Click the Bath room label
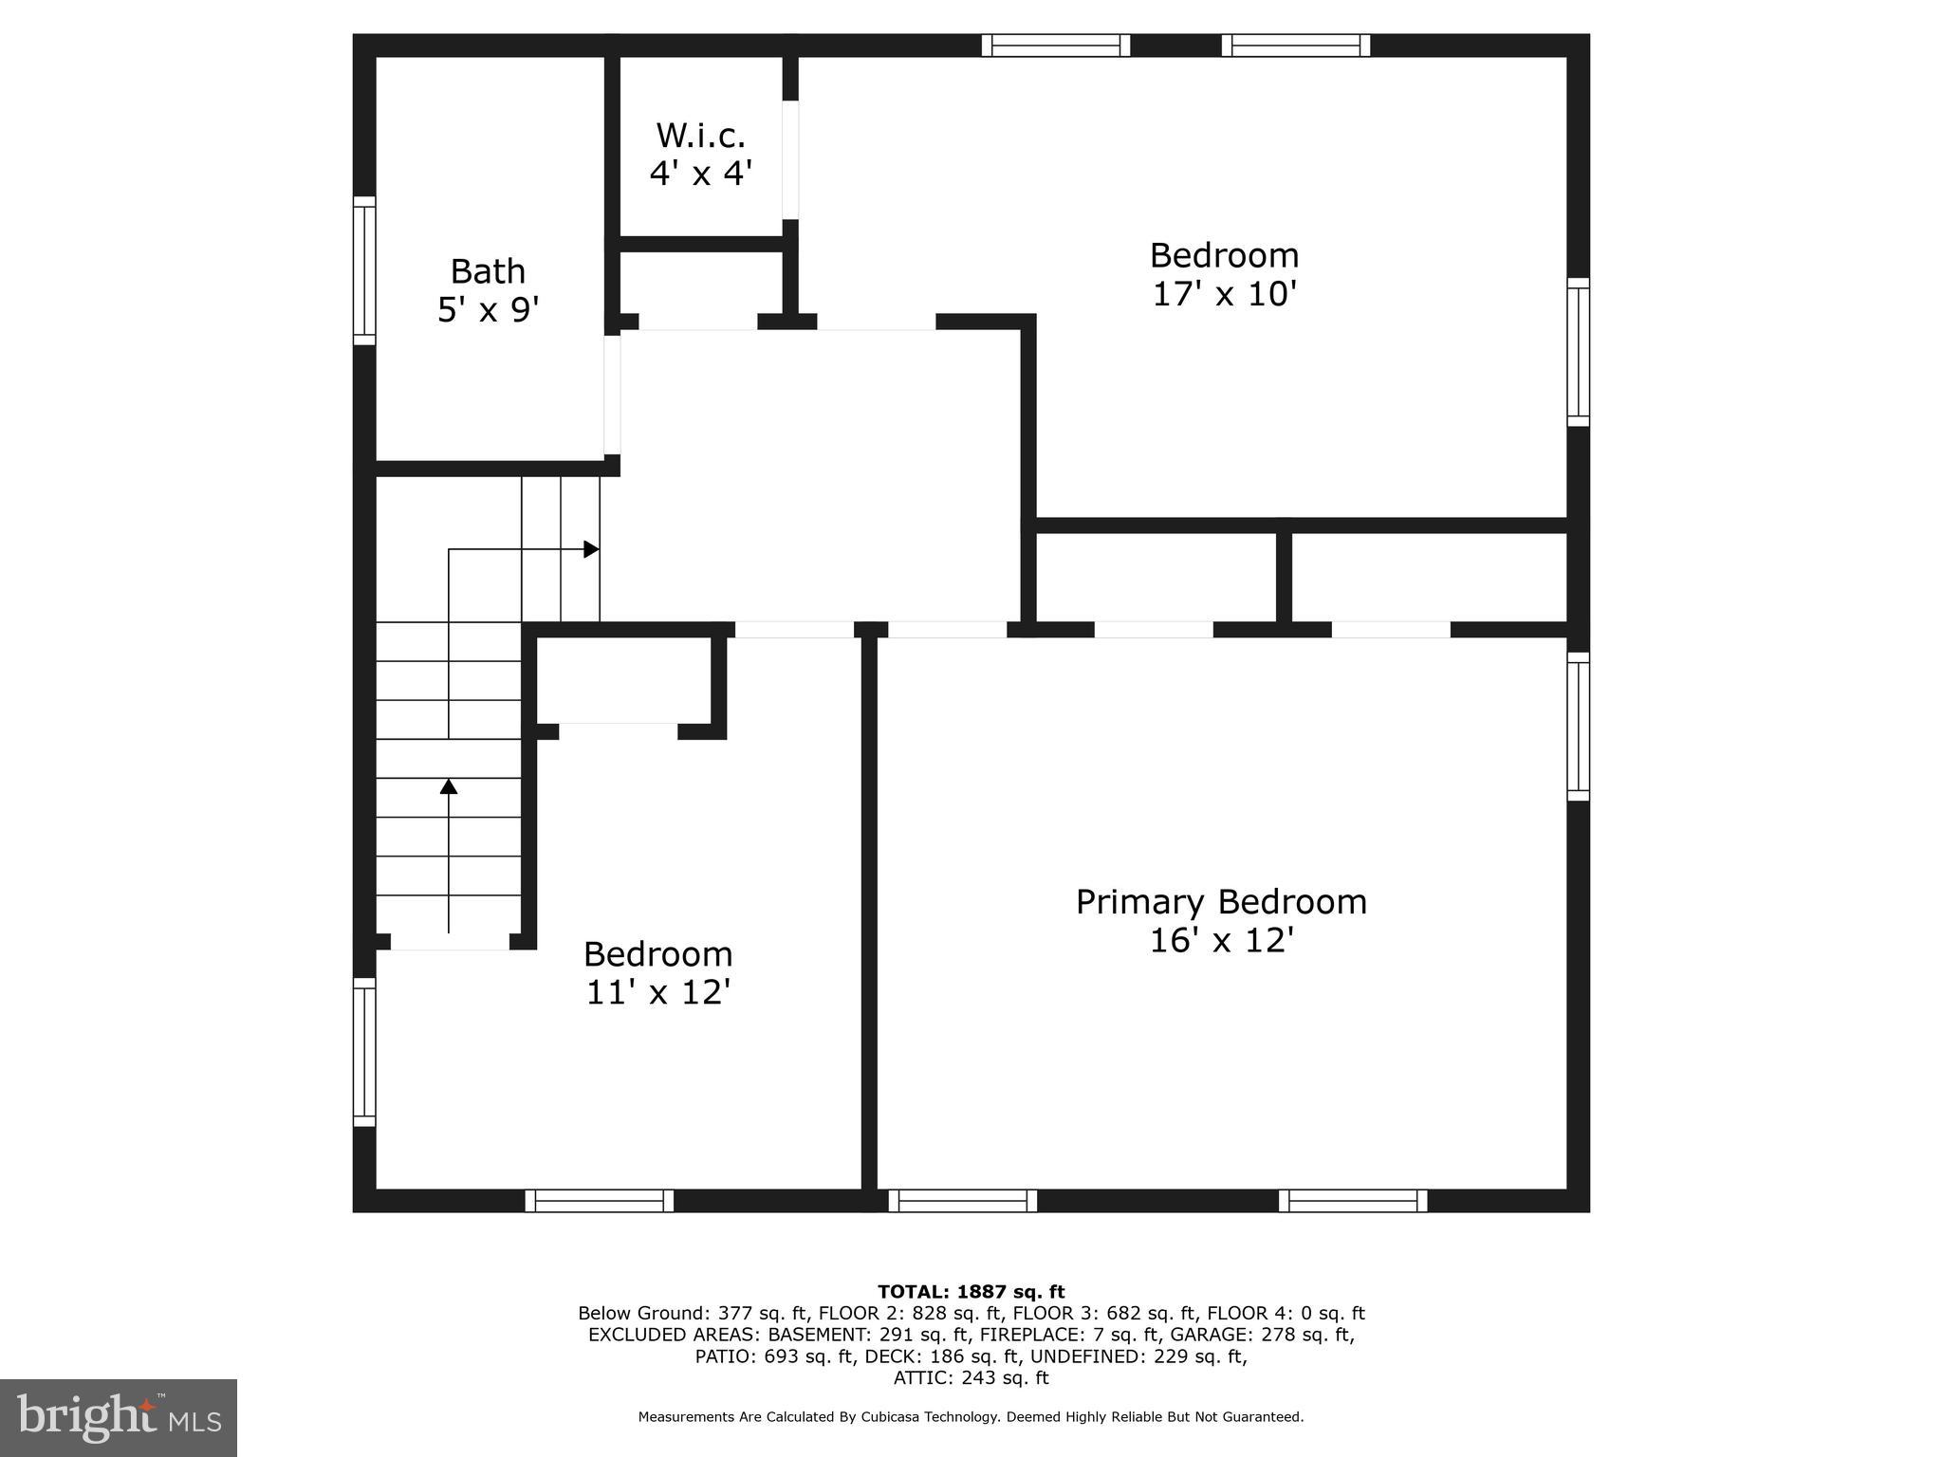pos(487,271)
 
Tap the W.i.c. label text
pos(700,136)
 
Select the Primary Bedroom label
pos(1221,901)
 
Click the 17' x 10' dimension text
pos(1224,294)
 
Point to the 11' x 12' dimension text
pos(657,992)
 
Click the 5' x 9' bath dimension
pos(488,309)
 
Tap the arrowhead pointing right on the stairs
pos(591,549)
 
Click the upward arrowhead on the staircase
pos(449,786)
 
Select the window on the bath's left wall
pos(364,270)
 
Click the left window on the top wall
pos(1055,46)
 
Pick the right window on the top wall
pos(1295,46)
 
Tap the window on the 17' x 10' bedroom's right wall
pos(1577,352)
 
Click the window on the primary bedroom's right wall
pos(1577,727)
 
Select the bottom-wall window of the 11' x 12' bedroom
pos(600,1201)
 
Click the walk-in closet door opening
pos(789,159)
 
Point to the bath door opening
pos(612,394)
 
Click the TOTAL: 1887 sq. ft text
pos(971,1292)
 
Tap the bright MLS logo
pos(119,1417)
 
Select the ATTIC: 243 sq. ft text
pos(971,1378)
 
